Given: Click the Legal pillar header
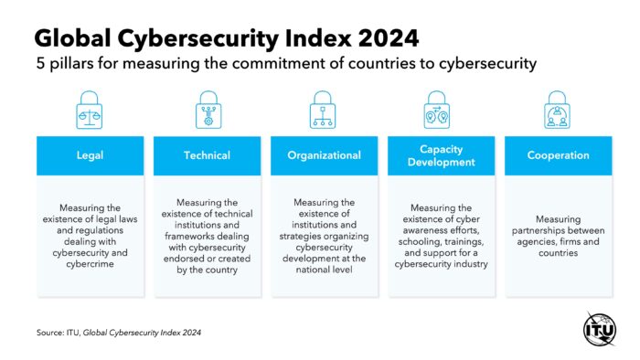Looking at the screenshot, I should point(90,155).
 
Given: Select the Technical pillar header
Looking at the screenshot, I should point(207,155).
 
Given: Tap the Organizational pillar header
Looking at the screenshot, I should point(325,155).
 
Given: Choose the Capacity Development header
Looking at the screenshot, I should point(442,155).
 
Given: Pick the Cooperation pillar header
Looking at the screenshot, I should point(558,155).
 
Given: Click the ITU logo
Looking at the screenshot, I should point(600,328).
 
